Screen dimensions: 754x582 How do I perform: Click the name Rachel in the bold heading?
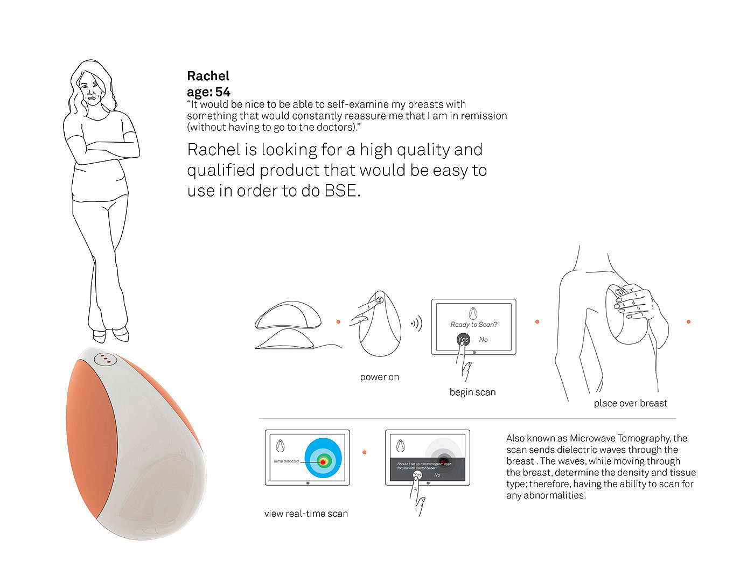tap(208, 76)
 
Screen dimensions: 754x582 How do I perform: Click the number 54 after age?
tap(222, 92)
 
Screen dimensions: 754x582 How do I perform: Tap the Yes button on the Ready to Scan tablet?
tap(463, 339)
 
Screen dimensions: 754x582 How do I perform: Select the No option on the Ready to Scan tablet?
tap(483, 340)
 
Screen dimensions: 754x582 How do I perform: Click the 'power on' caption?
tap(379, 377)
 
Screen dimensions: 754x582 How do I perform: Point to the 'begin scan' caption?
tap(472, 392)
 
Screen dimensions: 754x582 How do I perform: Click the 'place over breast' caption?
tap(630, 403)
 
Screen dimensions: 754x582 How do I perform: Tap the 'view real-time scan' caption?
tap(306, 514)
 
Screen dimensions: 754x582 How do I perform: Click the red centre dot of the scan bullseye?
tap(323, 462)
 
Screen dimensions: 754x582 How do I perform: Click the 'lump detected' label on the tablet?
tap(286, 461)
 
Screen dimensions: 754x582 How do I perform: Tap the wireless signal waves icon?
tap(416, 324)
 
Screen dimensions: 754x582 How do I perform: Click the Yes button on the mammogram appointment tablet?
tap(417, 475)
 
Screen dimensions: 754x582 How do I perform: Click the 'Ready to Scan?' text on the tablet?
tap(474, 325)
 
